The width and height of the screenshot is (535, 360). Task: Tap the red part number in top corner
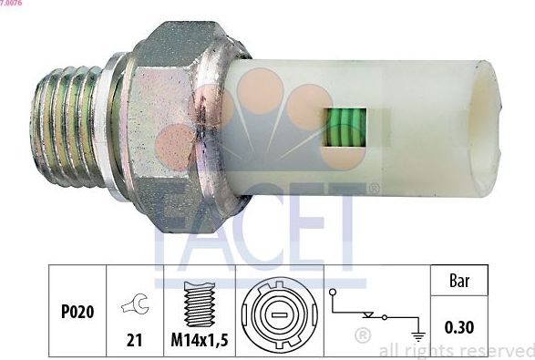tap(13, 4)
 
